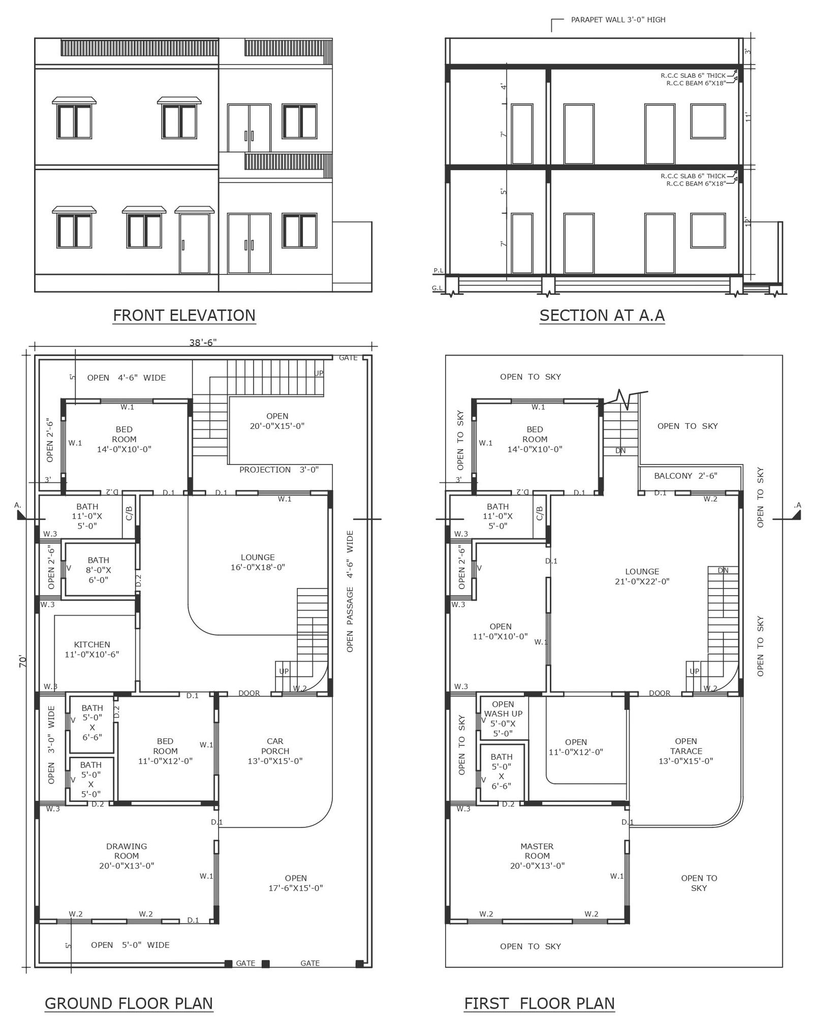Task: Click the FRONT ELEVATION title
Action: point(184,316)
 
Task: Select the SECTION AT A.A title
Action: point(602,316)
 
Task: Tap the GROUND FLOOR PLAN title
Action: point(129,1003)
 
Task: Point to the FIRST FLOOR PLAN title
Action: point(539,1003)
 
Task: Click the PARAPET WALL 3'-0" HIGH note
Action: point(618,20)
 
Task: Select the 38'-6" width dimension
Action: point(203,343)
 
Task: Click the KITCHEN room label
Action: point(92,649)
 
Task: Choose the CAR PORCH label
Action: point(275,751)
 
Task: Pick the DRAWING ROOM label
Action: point(127,856)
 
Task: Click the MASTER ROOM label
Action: point(537,856)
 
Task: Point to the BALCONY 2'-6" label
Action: point(685,476)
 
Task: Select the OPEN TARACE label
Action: point(686,751)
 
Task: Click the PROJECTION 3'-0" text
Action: point(279,470)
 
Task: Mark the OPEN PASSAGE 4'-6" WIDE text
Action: point(350,591)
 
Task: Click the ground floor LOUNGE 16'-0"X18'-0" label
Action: point(258,562)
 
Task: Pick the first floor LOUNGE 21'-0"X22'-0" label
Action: point(642,576)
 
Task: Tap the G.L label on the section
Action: point(437,288)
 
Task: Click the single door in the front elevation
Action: point(194,244)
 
